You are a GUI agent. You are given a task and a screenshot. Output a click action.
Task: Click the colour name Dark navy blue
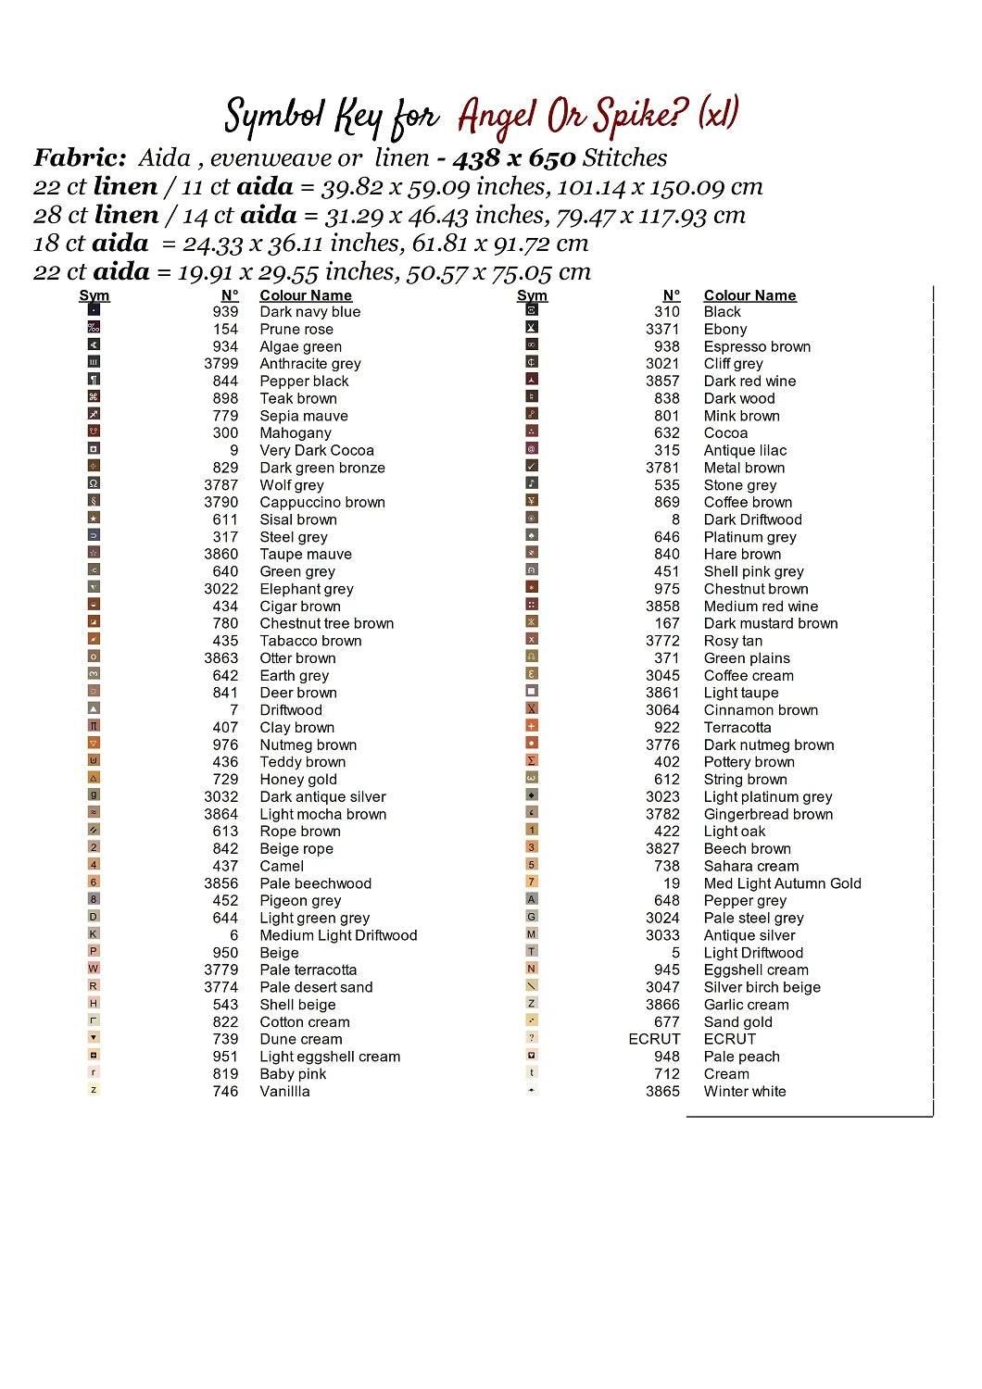point(309,312)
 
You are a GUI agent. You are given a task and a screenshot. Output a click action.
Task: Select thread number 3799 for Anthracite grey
point(221,364)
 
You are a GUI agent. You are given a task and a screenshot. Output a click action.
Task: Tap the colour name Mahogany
point(295,433)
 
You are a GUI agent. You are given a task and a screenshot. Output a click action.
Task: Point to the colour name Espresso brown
point(757,347)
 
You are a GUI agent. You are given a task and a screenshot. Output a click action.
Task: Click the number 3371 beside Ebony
point(662,330)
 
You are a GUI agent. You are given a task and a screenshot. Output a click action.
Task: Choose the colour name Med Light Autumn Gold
point(782,884)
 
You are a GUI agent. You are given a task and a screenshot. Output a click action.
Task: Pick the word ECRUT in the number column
point(654,1040)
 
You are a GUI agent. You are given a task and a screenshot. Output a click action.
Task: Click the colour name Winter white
point(744,1092)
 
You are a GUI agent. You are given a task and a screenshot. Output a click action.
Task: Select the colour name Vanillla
point(284,1092)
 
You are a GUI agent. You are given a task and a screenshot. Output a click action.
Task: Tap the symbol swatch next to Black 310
point(532,310)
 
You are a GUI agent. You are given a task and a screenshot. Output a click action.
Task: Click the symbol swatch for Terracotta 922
point(532,726)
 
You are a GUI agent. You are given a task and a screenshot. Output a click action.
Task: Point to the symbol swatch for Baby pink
point(94,1072)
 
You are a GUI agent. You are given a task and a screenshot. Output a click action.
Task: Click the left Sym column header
point(94,295)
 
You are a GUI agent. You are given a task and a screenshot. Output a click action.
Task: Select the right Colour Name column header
point(749,295)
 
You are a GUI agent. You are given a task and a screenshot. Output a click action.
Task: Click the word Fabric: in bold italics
point(80,158)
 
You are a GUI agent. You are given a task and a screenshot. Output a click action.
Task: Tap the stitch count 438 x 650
point(513,158)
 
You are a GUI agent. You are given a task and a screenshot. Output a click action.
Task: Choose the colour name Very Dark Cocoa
point(317,451)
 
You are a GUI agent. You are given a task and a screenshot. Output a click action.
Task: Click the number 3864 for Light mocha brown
point(221,815)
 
